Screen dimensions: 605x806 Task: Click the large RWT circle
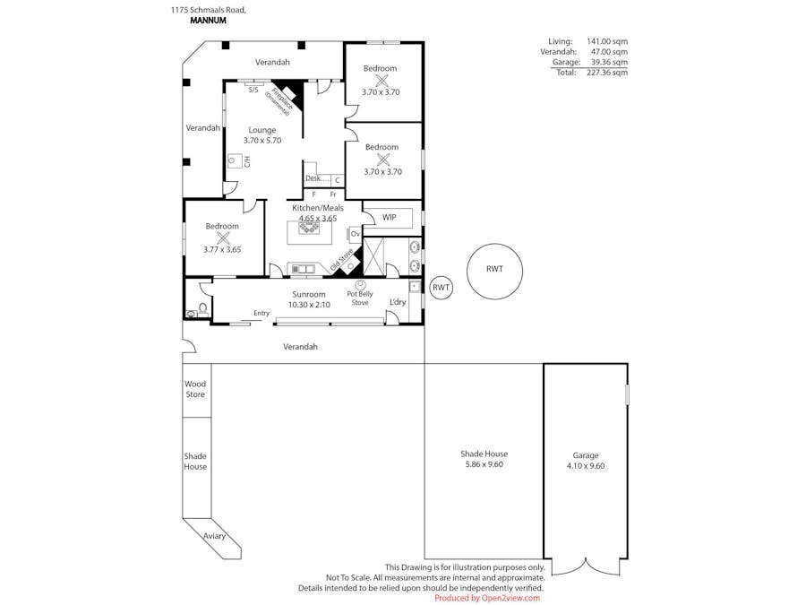coord(494,269)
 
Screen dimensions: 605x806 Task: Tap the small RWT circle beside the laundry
coord(441,288)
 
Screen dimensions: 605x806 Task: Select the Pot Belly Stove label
coord(360,298)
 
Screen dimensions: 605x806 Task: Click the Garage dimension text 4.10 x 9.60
coord(586,466)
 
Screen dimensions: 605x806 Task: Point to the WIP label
coord(389,217)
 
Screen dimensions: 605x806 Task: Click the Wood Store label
coord(195,389)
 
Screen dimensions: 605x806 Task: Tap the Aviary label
coord(214,536)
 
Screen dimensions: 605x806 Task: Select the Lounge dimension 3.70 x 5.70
coord(262,141)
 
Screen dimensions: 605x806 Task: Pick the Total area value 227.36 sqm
coord(609,73)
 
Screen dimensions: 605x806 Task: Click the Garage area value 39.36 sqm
coord(609,63)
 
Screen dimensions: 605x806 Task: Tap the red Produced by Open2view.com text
coord(487,598)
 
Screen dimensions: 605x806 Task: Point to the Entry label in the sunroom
coord(262,313)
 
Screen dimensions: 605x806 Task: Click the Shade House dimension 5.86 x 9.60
coord(484,464)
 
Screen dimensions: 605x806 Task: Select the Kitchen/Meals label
coord(317,208)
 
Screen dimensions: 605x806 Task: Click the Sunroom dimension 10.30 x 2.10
coord(309,305)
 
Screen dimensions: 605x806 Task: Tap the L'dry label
coord(397,302)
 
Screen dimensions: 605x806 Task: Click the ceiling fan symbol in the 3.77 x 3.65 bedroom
coord(222,238)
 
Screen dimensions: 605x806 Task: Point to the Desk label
coord(313,178)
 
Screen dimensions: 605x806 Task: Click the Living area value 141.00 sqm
coord(607,41)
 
